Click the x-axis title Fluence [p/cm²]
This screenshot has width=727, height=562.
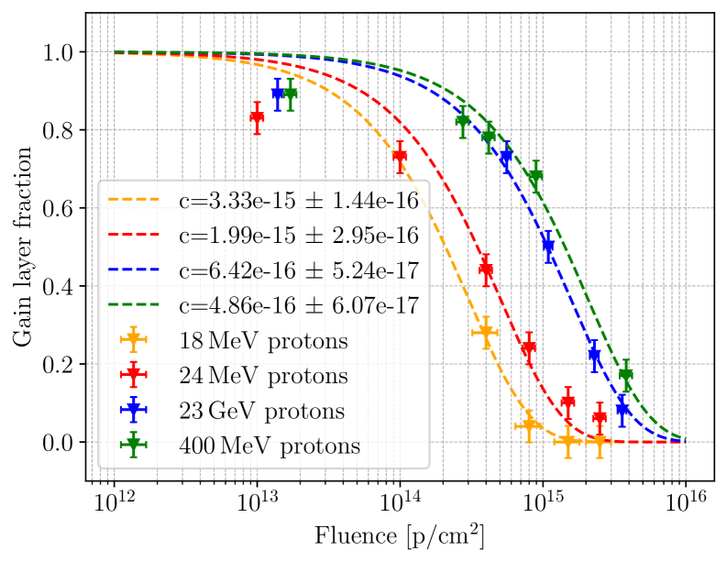pyautogui.click(x=399, y=534)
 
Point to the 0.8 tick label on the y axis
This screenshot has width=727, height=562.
pyautogui.click(x=60, y=130)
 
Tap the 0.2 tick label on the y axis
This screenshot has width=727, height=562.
pyautogui.click(x=60, y=365)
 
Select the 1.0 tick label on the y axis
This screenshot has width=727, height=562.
pyautogui.click(x=60, y=52)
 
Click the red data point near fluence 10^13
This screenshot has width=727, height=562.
pyautogui.click(x=258, y=117)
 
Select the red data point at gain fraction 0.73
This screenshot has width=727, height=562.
pyautogui.click(x=400, y=157)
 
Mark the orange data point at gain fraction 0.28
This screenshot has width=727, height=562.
pyautogui.click(x=486, y=333)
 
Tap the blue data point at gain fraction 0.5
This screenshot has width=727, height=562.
pyautogui.click(x=548, y=246)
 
